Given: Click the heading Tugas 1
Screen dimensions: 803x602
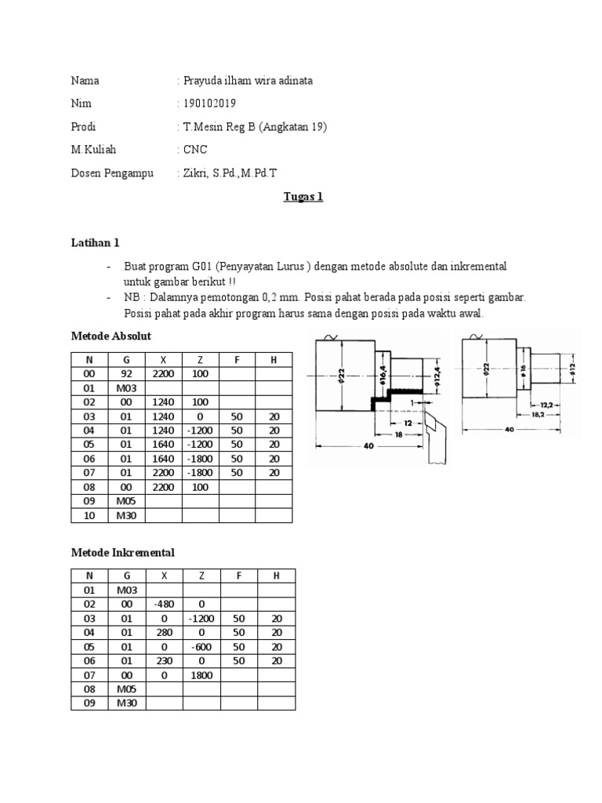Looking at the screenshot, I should pyautogui.click(x=303, y=197).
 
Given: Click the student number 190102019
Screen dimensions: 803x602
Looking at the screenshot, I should pyautogui.click(x=209, y=104).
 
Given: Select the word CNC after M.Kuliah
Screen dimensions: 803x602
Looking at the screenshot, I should pyautogui.click(x=195, y=150).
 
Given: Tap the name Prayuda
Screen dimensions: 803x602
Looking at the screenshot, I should pyautogui.click(x=203, y=81).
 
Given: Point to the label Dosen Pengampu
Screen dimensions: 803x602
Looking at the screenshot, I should pyautogui.click(x=112, y=173).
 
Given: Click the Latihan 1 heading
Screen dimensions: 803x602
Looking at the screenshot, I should pyautogui.click(x=95, y=244).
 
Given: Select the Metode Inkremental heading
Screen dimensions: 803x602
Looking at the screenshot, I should pyautogui.click(x=122, y=553).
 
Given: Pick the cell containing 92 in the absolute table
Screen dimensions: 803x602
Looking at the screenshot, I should pyautogui.click(x=128, y=374).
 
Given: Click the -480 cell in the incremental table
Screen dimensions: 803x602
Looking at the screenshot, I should pyautogui.click(x=164, y=604).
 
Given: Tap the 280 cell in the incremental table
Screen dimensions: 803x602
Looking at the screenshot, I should pyautogui.click(x=164, y=632).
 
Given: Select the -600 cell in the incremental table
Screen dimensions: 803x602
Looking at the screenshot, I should pyautogui.click(x=201, y=646).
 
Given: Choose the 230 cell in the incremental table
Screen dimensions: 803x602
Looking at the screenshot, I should pyautogui.click(x=164, y=660).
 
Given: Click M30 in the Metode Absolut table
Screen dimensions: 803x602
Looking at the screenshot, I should pyautogui.click(x=127, y=515).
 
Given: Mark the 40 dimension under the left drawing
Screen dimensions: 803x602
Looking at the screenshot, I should pyautogui.click(x=368, y=445).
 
